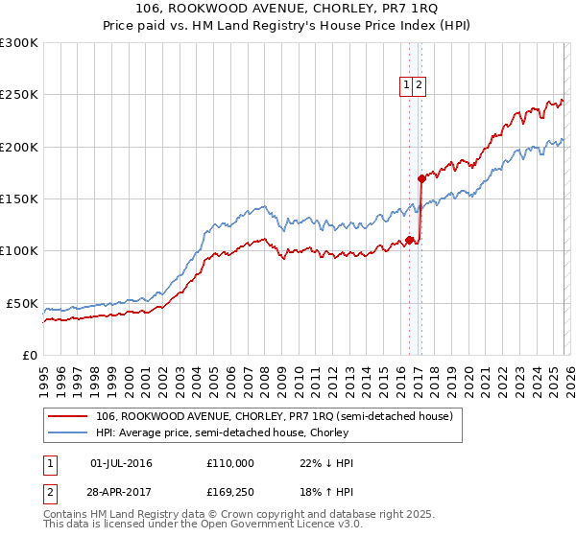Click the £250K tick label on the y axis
pos(19,95)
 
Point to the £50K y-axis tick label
pos(22,303)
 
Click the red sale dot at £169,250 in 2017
pos(421,178)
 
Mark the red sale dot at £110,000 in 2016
pos(410,240)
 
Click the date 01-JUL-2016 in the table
pos(120,463)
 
